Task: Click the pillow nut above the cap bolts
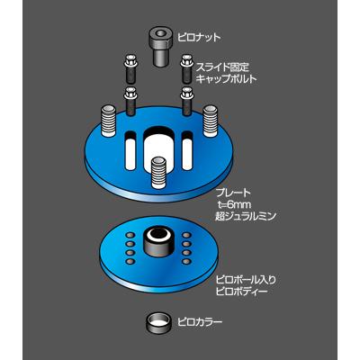160,45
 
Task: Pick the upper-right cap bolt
184,66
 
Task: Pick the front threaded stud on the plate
158,171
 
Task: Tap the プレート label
234,193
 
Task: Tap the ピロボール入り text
246,281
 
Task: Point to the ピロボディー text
242,292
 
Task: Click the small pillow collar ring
158,321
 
